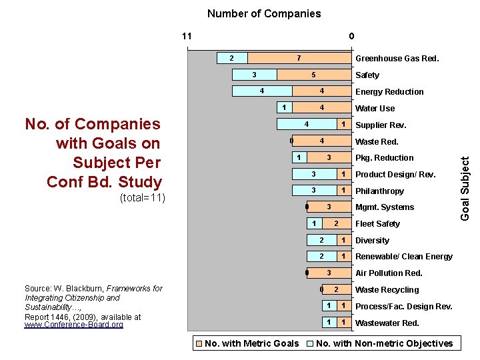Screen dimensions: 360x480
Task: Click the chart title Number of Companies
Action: point(264,13)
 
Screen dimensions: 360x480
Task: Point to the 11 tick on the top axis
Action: point(187,36)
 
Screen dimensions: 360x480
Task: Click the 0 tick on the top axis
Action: point(351,36)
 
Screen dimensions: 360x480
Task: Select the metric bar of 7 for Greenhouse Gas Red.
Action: point(299,58)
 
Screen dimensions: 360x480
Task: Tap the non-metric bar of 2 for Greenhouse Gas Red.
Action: point(231,58)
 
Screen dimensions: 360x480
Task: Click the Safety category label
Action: point(367,75)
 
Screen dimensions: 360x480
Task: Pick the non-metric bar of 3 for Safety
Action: point(254,75)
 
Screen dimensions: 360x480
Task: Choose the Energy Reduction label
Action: point(389,92)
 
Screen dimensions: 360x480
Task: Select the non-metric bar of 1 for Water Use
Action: point(284,108)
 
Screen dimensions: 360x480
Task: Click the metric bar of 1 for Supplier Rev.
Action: point(343,125)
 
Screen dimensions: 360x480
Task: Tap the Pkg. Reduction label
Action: point(385,158)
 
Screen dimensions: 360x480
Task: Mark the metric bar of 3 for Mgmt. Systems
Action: point(329,207)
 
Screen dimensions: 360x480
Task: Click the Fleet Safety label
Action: point(377,224)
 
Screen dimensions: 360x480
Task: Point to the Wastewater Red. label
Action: point(387,323)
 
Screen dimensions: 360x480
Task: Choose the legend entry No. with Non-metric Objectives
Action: point(383,343)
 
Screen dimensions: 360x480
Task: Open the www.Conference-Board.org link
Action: point(73,325)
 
